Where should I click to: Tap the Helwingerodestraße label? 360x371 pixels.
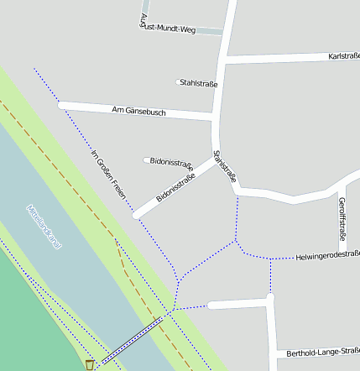328,254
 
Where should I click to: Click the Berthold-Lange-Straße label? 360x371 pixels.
323,353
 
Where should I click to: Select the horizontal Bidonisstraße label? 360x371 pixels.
171,159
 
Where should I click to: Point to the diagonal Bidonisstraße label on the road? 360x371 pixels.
175,189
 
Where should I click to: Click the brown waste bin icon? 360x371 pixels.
90,365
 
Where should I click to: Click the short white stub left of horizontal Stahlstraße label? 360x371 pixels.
179,82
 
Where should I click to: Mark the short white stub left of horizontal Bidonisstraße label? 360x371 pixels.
146,159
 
